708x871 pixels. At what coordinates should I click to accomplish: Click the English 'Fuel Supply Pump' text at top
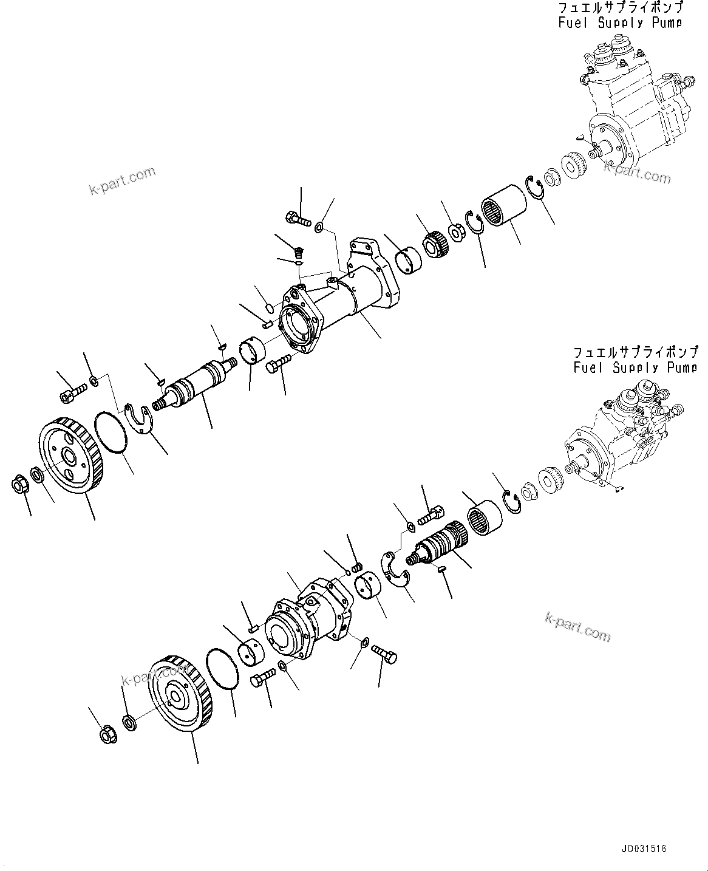pos(620,23)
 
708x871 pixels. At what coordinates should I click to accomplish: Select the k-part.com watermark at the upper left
pos(122,181)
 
